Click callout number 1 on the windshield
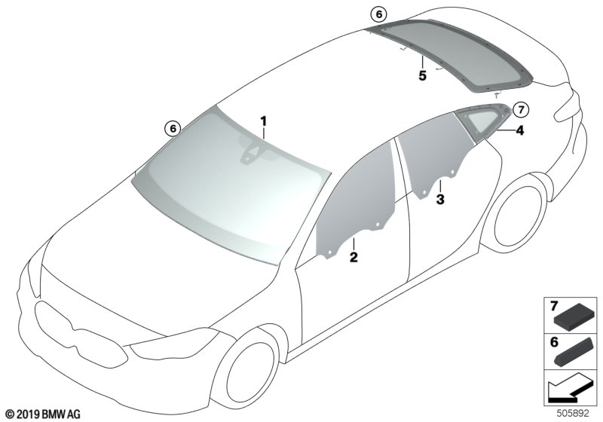pos(264,121)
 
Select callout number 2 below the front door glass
pos(353,258)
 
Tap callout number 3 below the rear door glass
pos(440,200)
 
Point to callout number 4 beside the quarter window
pos(519,130)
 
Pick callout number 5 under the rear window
pos(422,75)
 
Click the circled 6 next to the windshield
pos(173,129)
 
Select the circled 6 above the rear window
pos(378,14)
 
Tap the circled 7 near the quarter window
pos(521,109)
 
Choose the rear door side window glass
pos(434,158)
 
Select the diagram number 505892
pos(572,414)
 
